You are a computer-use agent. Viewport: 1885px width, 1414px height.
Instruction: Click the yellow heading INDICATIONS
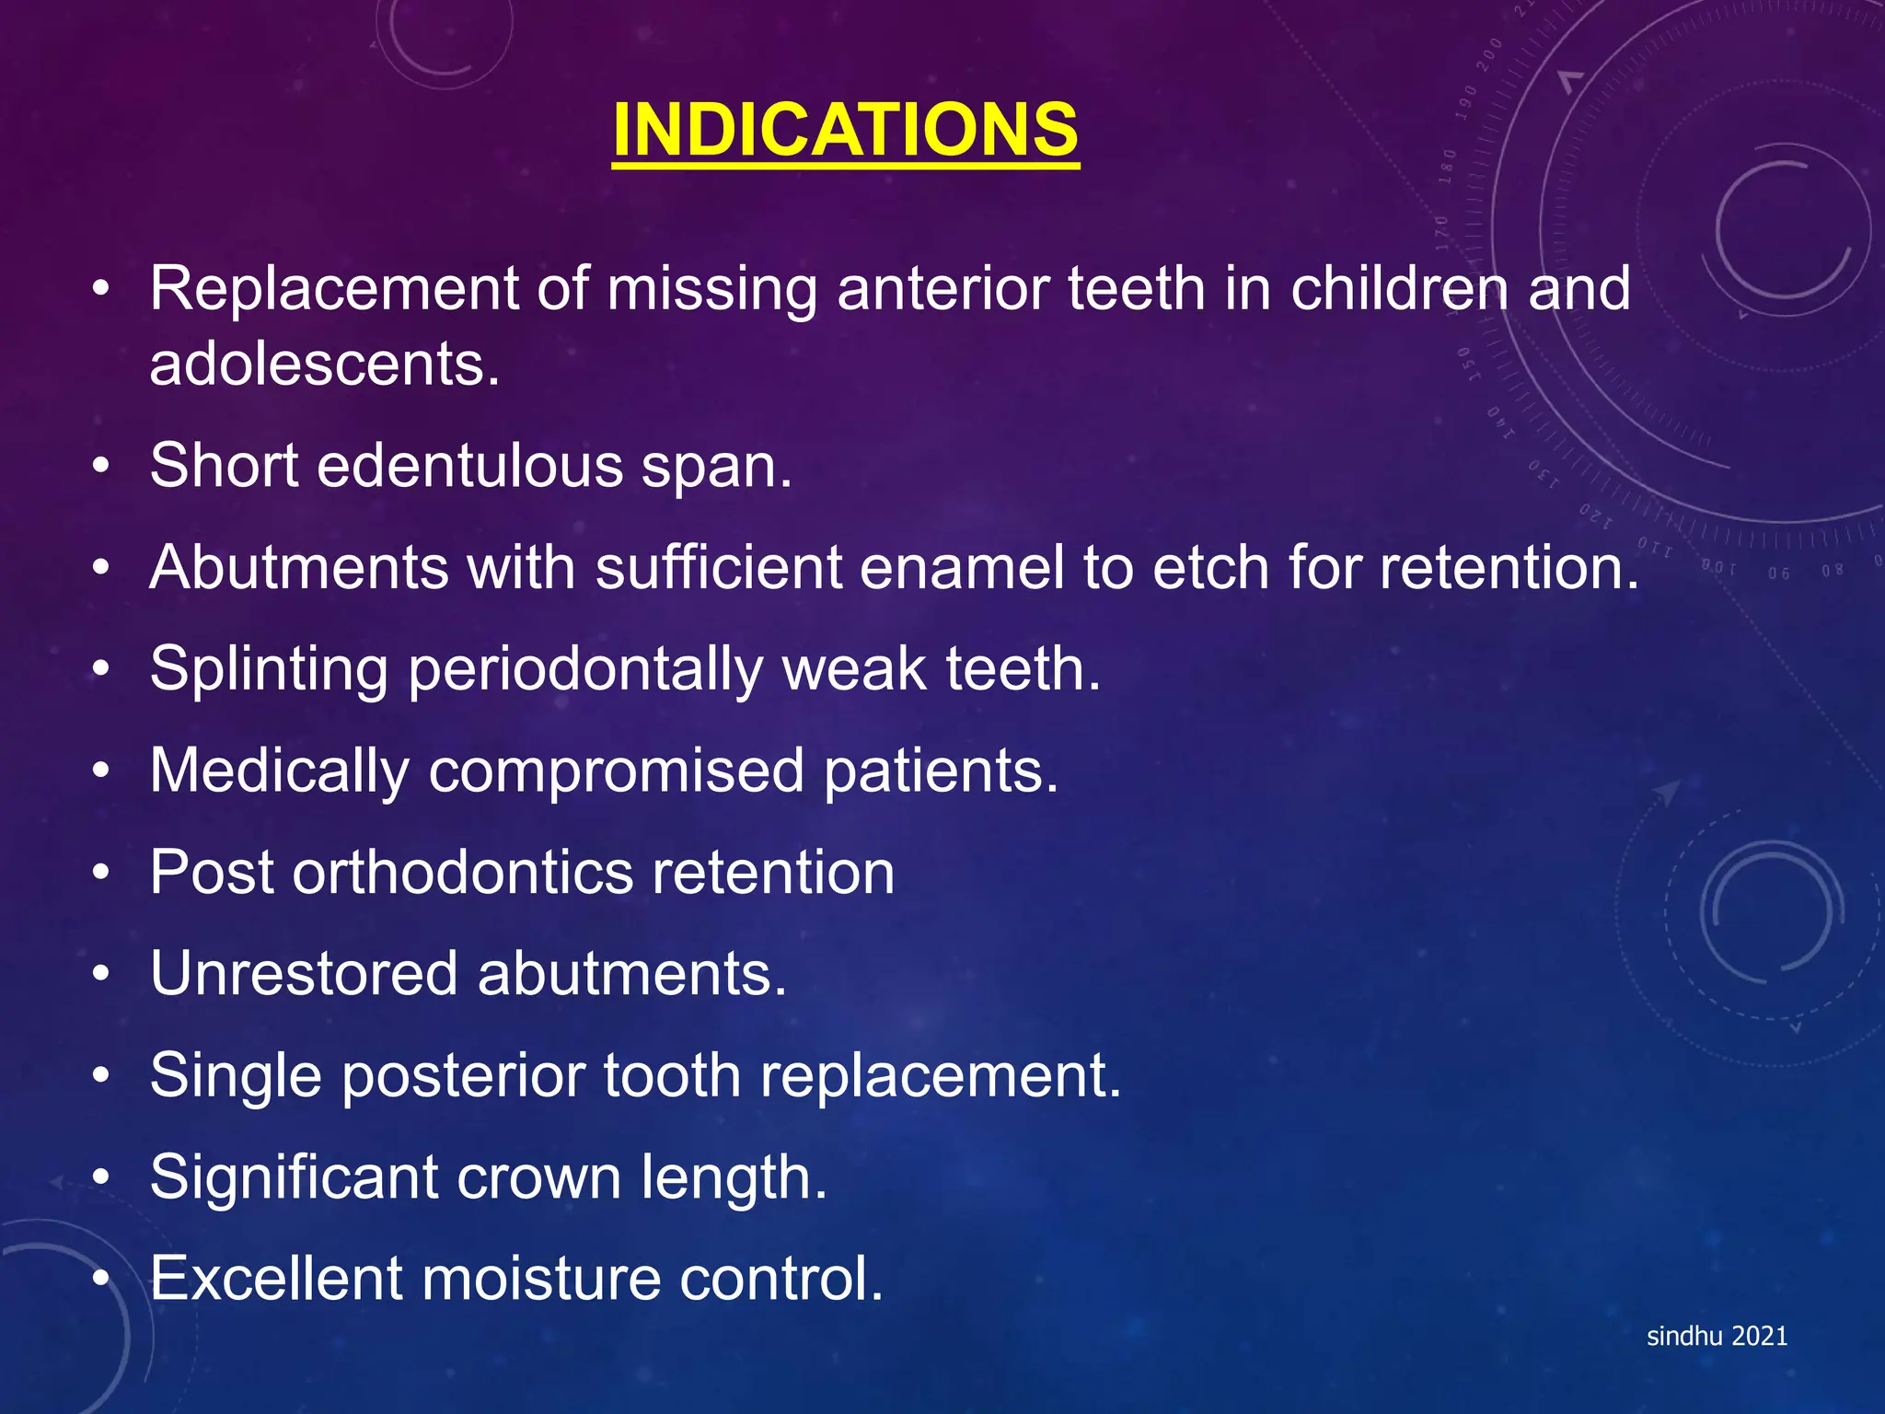(x=845, y=130)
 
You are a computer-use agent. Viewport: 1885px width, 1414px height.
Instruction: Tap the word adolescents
(x=324, y=365)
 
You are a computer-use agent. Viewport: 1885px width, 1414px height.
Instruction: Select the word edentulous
(x=469, y=466)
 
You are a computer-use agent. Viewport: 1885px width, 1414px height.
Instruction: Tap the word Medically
(x=279, y=771)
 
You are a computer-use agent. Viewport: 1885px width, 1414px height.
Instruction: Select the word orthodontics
(x=463, y=873)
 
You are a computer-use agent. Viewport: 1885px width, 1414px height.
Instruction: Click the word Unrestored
(x=304, y=974)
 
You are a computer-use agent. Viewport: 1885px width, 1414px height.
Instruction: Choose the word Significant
(x=294, y=1178)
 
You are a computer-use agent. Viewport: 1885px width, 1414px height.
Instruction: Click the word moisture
(x=541, y=1280)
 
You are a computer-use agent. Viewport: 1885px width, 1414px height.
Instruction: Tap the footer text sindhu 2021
(x=1717, y=1336)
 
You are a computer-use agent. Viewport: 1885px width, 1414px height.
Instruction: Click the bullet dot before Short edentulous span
(x=101, y=466)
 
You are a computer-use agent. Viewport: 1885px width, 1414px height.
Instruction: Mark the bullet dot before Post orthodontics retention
(x=101, y=873)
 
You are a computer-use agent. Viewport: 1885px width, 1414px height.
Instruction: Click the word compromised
(x=616, y=771)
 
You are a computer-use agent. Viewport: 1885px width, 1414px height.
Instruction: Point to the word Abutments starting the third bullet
(x=299, y=567)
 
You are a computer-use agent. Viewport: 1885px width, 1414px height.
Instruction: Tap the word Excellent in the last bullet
(x=276, y=1280)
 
